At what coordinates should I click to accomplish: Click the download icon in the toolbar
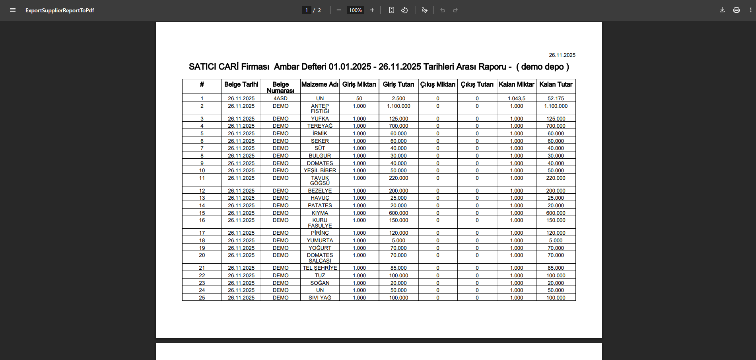click(x=722, y=10)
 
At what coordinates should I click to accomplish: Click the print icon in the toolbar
click(x=736, y=10)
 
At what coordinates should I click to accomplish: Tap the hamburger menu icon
click(x=13, y=10)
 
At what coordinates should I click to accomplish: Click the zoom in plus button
click(x=372, y=10)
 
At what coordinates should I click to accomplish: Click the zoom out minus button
click(x=338, y=10)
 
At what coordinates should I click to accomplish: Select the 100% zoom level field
click(x=355, y=10)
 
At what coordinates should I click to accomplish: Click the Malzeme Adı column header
click(x=320, y=84)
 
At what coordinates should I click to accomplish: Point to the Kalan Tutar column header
click(x=556, y=84)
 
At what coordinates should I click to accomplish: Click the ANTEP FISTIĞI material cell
click(x=320, y=108)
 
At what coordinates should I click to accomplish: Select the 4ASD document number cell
click(x=280, y=98)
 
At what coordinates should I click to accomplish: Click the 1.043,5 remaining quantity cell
click(x=516, y=98)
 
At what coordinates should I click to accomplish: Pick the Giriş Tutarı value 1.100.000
click(x=398, y=106)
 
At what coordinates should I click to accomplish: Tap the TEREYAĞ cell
click(x=320, y=126)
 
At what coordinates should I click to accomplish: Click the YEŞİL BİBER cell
click(x=320, y=170)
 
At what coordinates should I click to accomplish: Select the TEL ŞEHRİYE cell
click(x=320, y=268)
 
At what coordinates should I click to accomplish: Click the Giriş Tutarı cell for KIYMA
click(x=398, y=213)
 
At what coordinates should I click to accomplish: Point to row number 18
click(x=202, y=240)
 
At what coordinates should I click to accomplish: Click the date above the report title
click(x=562, y=55)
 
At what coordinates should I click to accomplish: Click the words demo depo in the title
click(x=542, y=67)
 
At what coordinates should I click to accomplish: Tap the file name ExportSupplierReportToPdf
click(x=60, y=10)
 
